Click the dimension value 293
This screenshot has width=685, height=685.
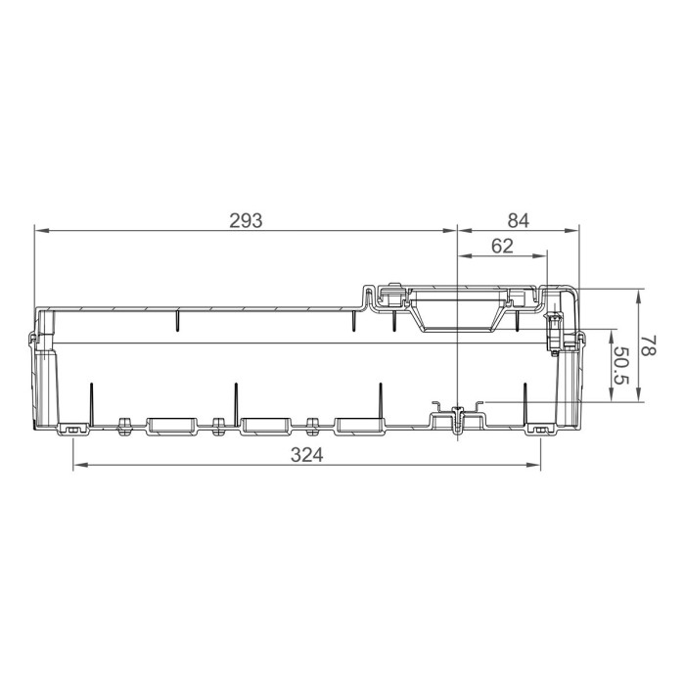pyautogui.click(x=246, y=220)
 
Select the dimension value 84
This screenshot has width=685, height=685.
pyautogui.click(x=518, y=220)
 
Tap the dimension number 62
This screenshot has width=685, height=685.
pyautogui.click(x=502, y=247)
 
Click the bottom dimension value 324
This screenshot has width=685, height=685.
pyautogui.click(x=306, y=455)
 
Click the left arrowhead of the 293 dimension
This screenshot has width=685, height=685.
pyautogui.click(x=38, y=231)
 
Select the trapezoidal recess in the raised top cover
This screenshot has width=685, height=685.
pyautogui.click(x=458, y=313)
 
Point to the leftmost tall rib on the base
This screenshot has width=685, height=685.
pyautogui.click(x=91, y=402)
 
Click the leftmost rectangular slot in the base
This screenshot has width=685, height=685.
pyautogui.click(x=171, y=426)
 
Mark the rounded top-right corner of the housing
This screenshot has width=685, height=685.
pyautogui.click(x=572, y=292)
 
